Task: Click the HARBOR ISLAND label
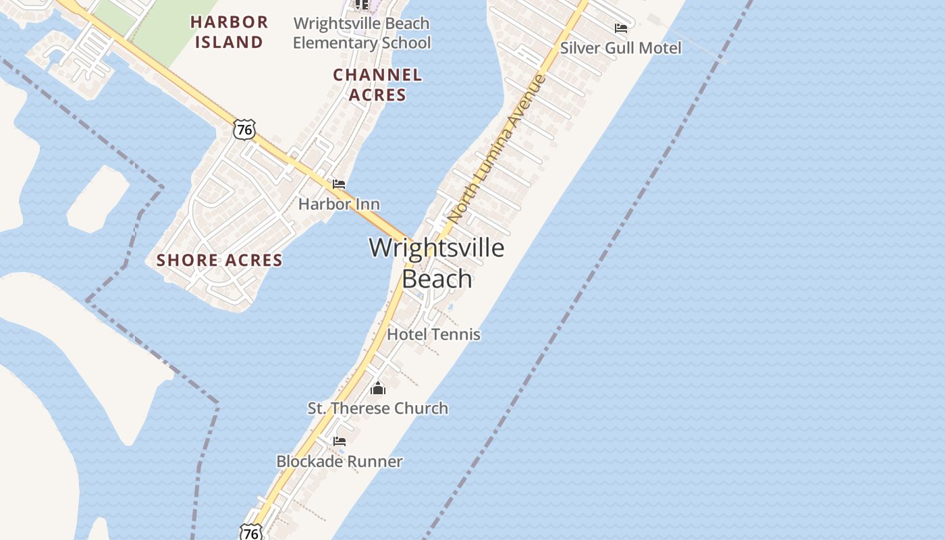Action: coord(229,32)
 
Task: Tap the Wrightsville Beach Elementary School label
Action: coord(361,33)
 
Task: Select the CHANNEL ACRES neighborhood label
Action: coord(377,84)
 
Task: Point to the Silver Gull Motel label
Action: coord(620,48)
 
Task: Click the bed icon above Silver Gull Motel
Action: coord(620,28)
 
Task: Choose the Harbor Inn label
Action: coord(339,204)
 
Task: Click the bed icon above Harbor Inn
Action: coord(339,184)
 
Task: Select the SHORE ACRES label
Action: coord(219,260)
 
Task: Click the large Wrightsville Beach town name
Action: coord(437,263)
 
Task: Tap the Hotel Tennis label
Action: coord(433,334)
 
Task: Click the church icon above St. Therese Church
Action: coord(378,388)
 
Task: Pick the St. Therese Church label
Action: coord(377,408)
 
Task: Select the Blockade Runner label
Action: coord(340,462)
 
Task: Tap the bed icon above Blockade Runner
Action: coord(340,441)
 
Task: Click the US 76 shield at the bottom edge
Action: coord(250,533)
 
